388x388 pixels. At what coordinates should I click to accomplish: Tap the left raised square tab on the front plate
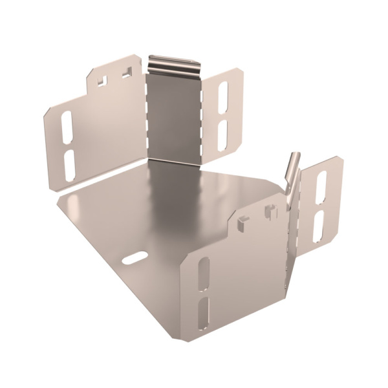point(242,222)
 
